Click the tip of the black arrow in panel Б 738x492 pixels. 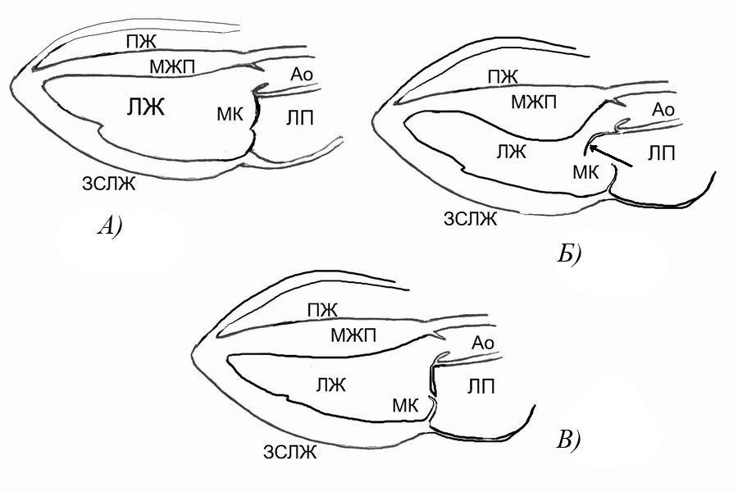pos(590,145)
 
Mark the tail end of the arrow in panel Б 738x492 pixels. pos(632,166)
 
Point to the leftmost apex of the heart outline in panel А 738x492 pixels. pos(10,88)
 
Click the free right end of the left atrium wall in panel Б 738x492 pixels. pos(715,173)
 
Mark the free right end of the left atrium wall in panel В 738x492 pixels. pos(535,405)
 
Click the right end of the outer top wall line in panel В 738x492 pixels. pos(408,290)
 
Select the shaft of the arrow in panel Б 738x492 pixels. pos(610,157)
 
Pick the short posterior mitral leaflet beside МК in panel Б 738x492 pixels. pos(612,179)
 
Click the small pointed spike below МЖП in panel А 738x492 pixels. pos(256,66)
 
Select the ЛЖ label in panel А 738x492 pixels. pos(146,107)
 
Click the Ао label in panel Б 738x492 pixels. pos(663,110)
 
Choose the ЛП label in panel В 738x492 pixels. pos(481,387)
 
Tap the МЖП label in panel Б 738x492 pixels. pos(534,102)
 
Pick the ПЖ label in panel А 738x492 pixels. pos(141,42)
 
